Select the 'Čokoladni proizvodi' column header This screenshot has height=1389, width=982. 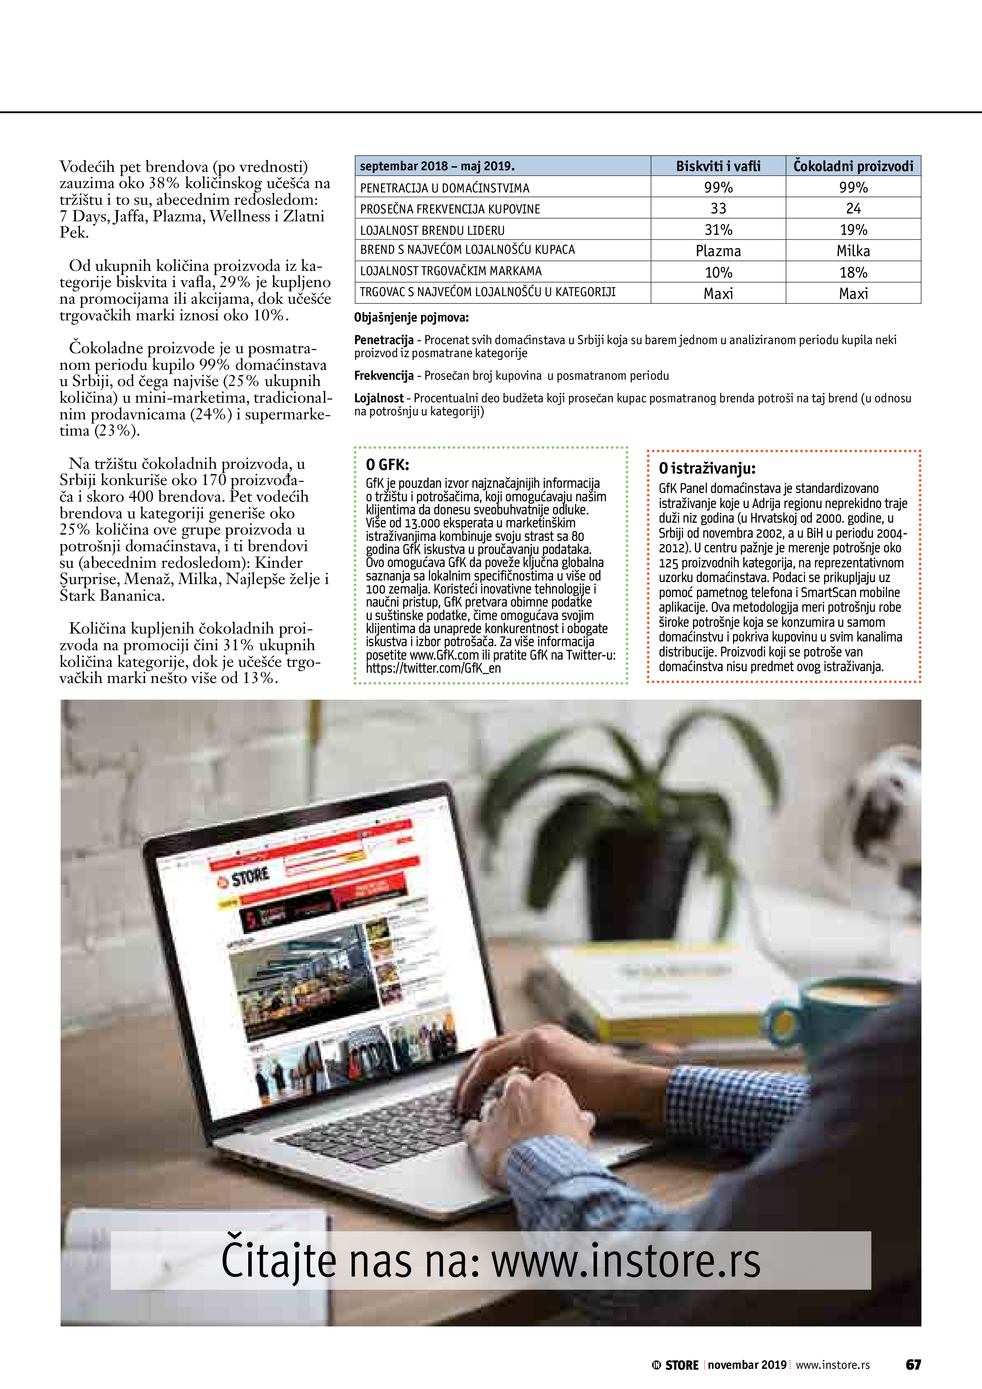point(853,166)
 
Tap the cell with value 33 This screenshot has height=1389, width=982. point(718,208)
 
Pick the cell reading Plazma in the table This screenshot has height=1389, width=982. point(718,251)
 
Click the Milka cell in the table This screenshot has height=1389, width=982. point(853,251)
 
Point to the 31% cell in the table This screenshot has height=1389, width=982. point(718,230)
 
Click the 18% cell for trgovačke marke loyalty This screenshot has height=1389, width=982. point(853,272)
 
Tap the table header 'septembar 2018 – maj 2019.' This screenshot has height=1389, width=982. point(437,166)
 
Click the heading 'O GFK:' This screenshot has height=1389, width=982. point(387,464)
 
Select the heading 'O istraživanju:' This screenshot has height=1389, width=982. point(707,468)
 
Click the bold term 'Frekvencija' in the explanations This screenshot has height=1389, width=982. point(384,376)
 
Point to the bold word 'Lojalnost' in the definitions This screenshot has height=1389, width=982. point(379,398)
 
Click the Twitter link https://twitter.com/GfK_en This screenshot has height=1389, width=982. point(433,668)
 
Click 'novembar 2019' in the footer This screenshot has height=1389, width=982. point(747,1365)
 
